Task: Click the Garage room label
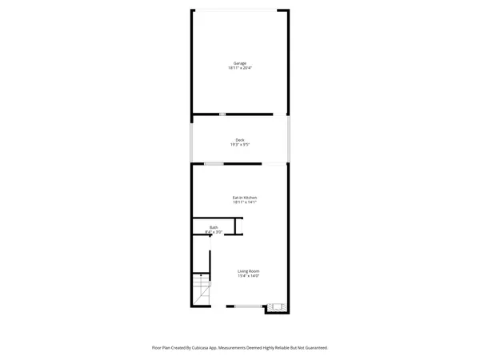tap(240, 63)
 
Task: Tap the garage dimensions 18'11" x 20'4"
tap(240, 68)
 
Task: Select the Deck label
tap(240, 140)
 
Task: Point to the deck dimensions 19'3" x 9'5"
tap(240, 145)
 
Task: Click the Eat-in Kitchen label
tap(244, 198)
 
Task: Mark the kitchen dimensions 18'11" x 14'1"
tap(244, 202)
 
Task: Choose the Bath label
tap(214, 227)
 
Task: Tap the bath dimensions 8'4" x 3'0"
tap(214, 232)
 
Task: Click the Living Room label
tap(248, 271)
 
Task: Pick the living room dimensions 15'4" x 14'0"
tap(248, 276)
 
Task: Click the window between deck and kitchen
tap(214, 164)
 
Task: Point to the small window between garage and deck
tap(222, 114)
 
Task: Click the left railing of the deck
tap(190, 139)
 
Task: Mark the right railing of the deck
tap(290, 139)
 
